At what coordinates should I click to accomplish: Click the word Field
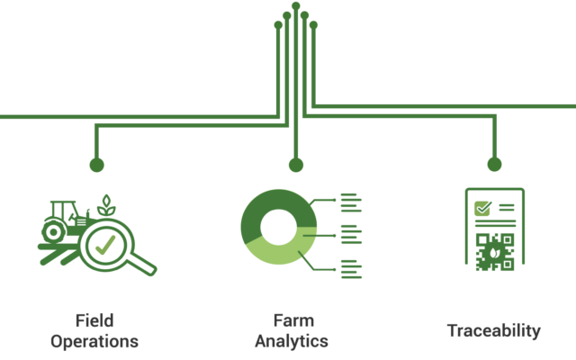click(94, 320)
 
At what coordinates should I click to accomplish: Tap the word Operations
click(94, 342)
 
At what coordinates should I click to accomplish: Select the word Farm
click(293, 320)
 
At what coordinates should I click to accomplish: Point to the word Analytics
click(292, 341)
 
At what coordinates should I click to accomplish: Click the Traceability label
click(494, 330)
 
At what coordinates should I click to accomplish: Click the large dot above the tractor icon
click(96, 165)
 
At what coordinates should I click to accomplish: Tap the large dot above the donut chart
click(296, 165)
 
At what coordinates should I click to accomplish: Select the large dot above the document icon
click(494, 164)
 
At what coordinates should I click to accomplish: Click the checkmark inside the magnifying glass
click(105, 245)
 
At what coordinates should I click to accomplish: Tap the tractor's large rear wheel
click(54, 232)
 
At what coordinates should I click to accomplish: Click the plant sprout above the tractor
click(106, 205)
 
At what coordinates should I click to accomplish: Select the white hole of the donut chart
click(278, 227)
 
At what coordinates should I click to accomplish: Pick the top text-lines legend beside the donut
click(351, 202)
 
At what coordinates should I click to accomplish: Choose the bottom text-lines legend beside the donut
click(351, 269)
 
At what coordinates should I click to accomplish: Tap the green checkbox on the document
click(482, 208)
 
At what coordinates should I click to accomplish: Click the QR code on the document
click(494, 252)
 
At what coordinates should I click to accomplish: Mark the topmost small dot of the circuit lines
click(296, 6)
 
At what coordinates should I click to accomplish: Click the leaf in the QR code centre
click(493, 253)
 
